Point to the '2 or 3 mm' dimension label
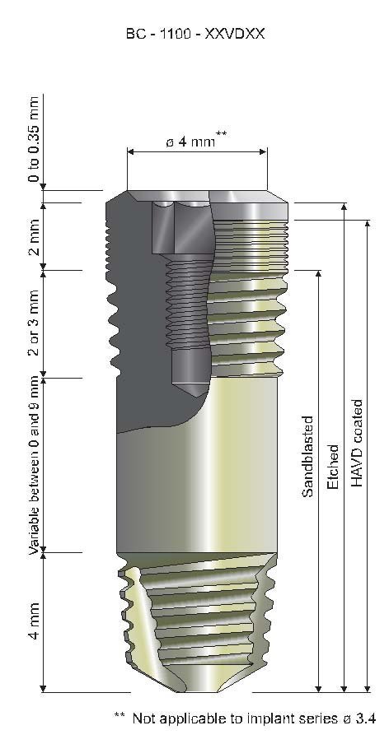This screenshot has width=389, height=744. click(34, 323)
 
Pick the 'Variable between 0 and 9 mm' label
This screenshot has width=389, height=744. click(34, 465)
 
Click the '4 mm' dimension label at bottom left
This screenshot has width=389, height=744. click(34, 624)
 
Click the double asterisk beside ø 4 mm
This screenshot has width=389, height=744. click(222, 134)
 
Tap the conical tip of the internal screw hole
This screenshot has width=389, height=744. click(183, 384)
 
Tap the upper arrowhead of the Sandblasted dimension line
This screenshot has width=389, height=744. click(319, 274)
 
